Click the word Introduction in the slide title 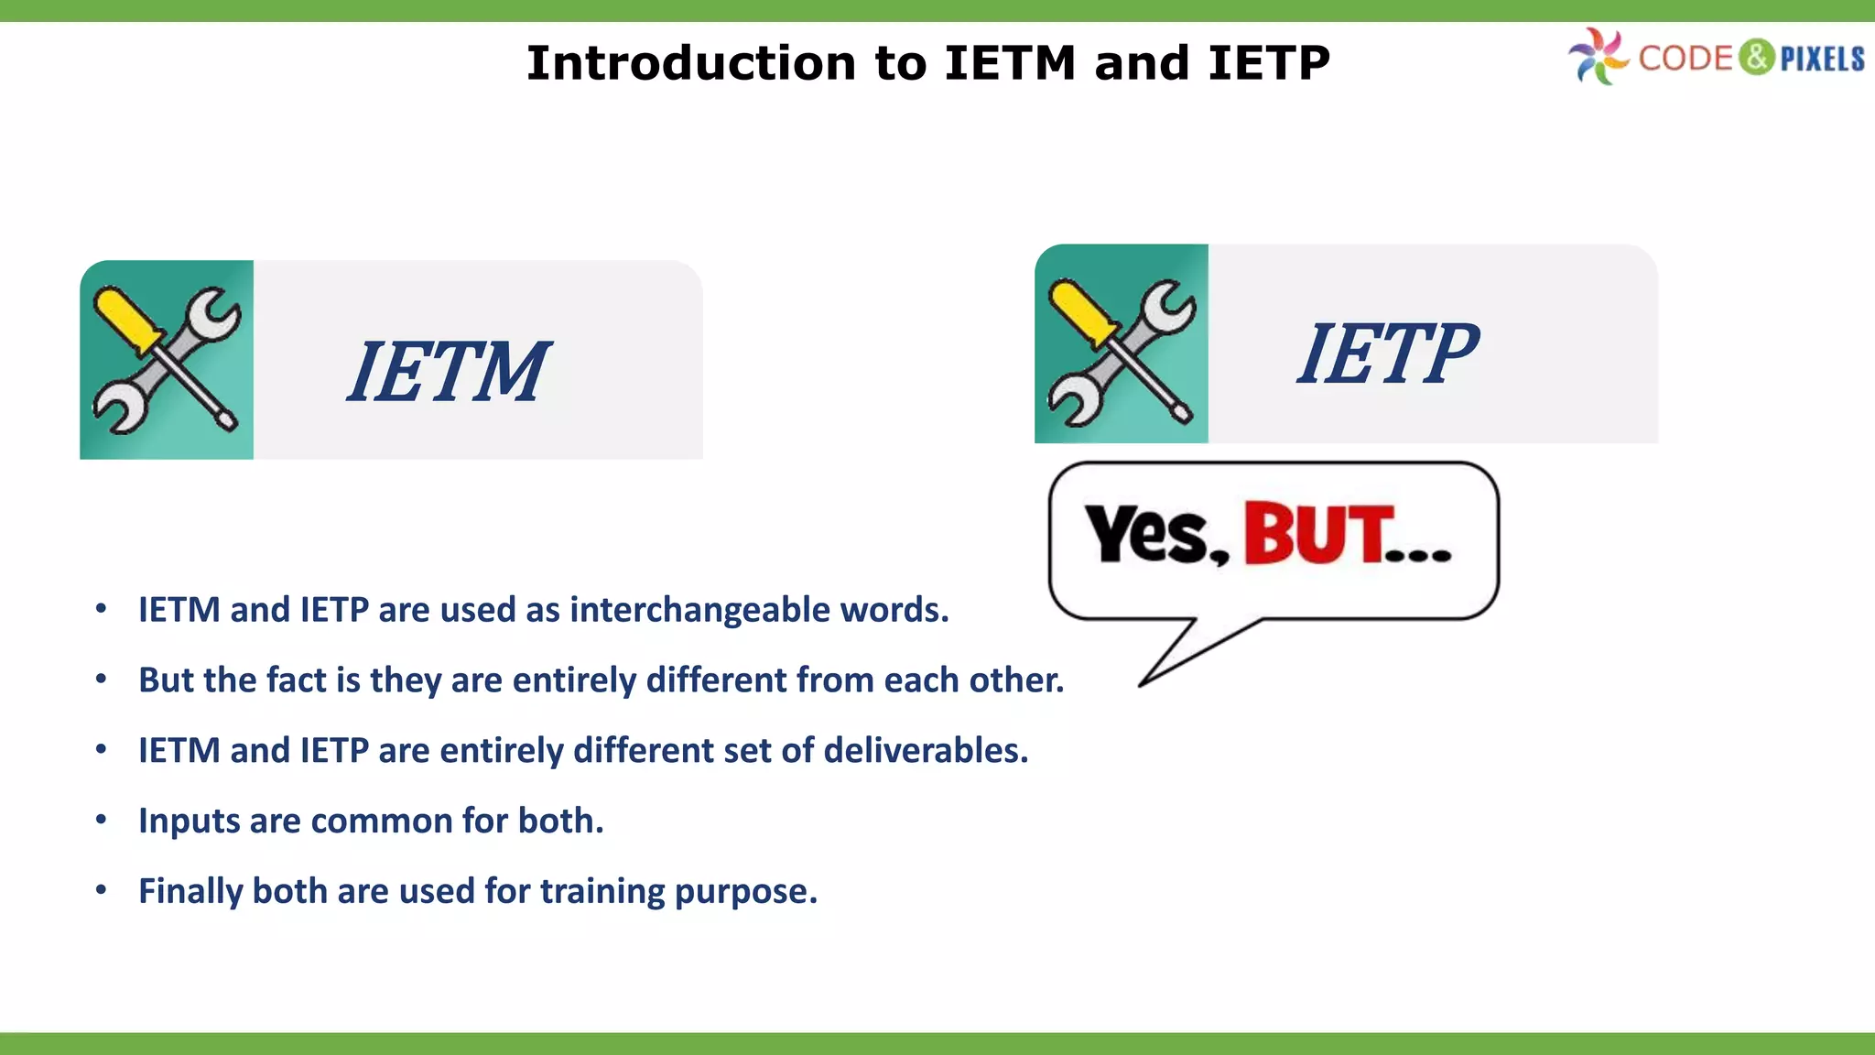tap(692, 63)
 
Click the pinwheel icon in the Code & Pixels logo tap(1598, 57)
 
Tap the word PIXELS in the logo tap(1822, 59)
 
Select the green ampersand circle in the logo tap(1756, 57)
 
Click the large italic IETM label tap(448, 371)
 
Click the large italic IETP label tap(1386, 353)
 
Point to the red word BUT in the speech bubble tap(1318, 534)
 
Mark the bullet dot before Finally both tap(102, 890)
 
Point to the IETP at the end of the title tap(1268, 63)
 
